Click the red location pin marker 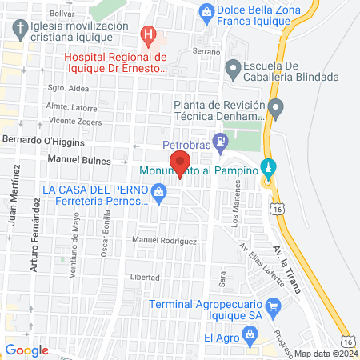point(179,162)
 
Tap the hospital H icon point(147,35)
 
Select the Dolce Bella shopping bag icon point(207,11)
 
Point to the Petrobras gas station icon point(221,140)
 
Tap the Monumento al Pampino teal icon point(269,167)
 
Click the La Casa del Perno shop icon point(159,191)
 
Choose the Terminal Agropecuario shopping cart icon point(274,305)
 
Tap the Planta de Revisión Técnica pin point(276,106)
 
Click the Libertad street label point(145,277)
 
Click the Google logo point(26,350)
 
